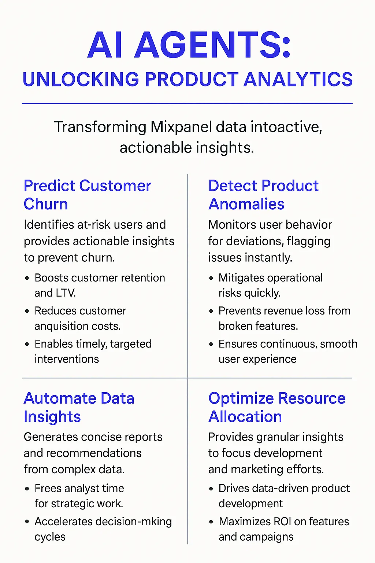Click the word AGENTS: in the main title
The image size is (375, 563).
pos(213,45)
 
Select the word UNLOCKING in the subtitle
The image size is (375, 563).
pos(81,80)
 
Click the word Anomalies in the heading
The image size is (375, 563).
pos(246,204)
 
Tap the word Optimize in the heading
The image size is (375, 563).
pos(240,398)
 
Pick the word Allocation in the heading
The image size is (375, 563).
pos(245,417)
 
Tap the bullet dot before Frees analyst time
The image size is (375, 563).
pos(27,489)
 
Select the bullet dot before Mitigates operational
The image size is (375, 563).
pos(211,278)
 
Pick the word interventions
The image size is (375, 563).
pos(67,359)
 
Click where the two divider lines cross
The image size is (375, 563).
pos(187,378)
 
